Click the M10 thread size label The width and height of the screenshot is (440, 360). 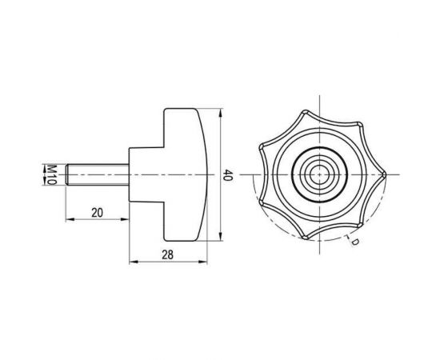pyautogui.click(x=50, y=174)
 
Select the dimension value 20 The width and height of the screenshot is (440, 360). pyautogui.click(x=96, y=213)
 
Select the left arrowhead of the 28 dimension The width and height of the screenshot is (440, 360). pyautogui.click(x=131, y=262)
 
